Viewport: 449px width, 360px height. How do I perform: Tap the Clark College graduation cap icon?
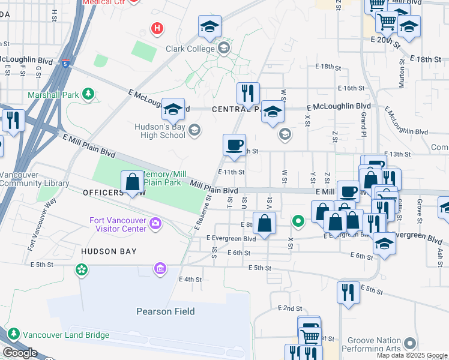point(224,47)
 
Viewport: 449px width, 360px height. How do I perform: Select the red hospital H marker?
point(157,28)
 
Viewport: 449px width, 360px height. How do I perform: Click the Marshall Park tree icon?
point(88,94)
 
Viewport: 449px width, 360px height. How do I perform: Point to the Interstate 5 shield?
point(64,62)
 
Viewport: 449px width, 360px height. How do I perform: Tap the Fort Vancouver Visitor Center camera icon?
point(155,224)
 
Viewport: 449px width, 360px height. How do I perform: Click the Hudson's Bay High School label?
point(161,130)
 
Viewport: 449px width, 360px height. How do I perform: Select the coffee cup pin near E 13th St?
point(234,145)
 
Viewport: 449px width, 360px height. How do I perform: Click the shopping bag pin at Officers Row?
point(132,181)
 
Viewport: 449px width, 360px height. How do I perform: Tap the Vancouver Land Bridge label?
point(56,334)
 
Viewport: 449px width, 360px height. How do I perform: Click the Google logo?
point(19,353)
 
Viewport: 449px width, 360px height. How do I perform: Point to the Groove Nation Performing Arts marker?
point(410,343)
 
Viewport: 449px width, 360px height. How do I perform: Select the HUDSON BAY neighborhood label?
point(109,251)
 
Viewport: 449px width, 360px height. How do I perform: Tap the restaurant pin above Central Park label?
point(248,93)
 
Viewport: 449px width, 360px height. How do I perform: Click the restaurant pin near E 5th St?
point(348,293)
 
